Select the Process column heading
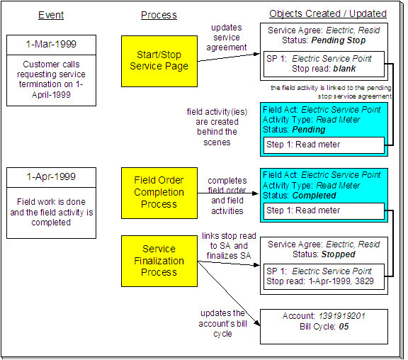point(159,15)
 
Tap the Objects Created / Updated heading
point(327,13)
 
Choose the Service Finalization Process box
point(159,259)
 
